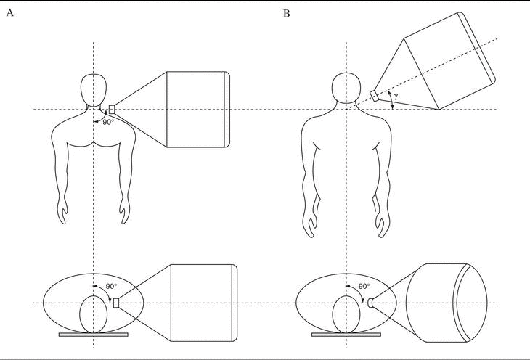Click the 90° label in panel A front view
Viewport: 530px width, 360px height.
[107, 122]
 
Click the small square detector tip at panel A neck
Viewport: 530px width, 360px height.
[112, 109]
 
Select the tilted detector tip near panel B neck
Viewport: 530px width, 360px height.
[374, 94]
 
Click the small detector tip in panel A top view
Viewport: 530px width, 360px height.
[116, 303]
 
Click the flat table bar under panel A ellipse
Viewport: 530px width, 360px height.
[93, 335]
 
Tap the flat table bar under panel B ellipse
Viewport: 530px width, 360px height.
[346, 335]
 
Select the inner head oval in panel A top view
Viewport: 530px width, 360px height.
[93, 312]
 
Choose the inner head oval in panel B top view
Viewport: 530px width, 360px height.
[346, 312]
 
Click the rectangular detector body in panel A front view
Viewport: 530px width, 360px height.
[197, 109]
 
